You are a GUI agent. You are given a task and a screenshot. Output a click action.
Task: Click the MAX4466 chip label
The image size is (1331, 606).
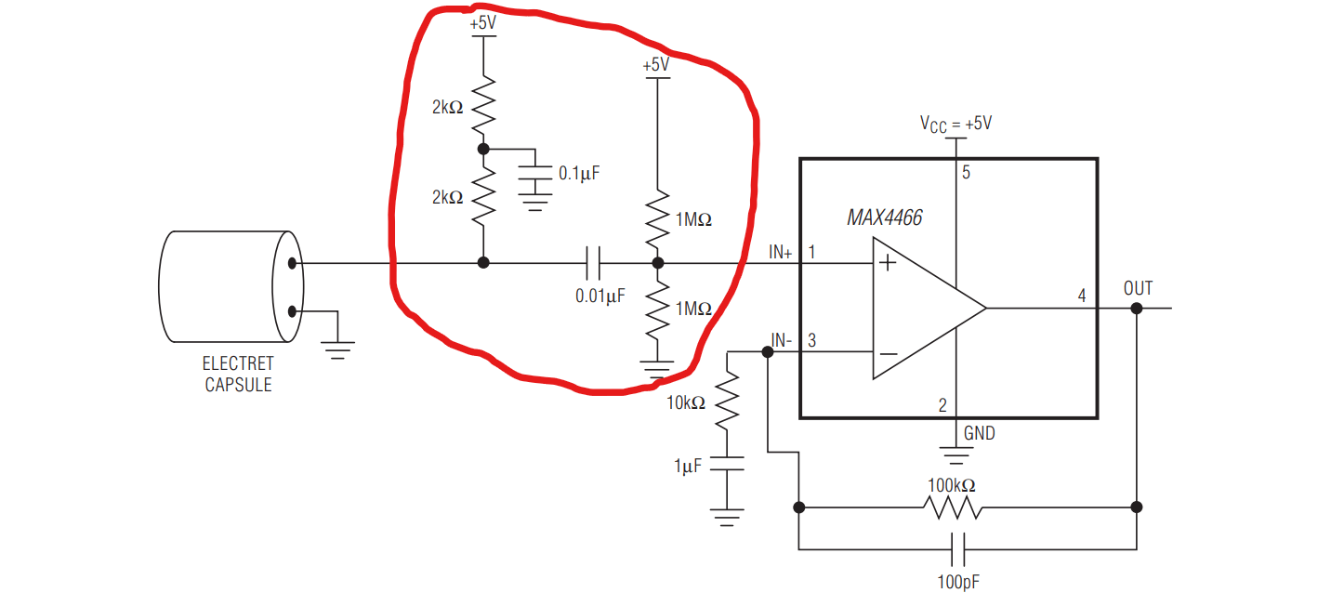coord(884,217)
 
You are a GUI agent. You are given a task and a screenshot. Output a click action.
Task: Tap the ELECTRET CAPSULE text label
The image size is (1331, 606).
coord(239,374)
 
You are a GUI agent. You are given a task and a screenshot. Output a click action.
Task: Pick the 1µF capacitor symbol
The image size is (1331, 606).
coord(727,464)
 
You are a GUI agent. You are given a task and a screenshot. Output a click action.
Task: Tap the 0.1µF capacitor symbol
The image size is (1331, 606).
coord(534,173)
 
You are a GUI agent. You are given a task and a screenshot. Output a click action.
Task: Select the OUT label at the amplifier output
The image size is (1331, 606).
coord(1138,288)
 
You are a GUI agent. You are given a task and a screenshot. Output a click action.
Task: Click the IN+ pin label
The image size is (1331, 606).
coord(780,252)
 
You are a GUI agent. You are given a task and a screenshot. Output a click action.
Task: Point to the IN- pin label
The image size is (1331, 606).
coord(781,340)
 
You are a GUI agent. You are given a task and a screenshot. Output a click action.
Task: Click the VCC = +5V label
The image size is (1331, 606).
coord(956,123)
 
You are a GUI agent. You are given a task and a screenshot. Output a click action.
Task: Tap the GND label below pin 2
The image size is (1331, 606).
coord(979,433)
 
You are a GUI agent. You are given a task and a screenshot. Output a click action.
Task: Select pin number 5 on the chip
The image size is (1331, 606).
coord(966,172)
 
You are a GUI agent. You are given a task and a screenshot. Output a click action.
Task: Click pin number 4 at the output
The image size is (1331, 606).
coord(1081,296)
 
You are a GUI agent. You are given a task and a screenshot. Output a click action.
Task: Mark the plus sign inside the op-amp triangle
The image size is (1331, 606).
coord(888,264)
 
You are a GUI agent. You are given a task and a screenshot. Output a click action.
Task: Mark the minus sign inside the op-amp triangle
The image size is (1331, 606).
coord(888,353)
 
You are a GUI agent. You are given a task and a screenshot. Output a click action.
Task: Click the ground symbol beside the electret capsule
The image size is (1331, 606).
coord(336,348)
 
